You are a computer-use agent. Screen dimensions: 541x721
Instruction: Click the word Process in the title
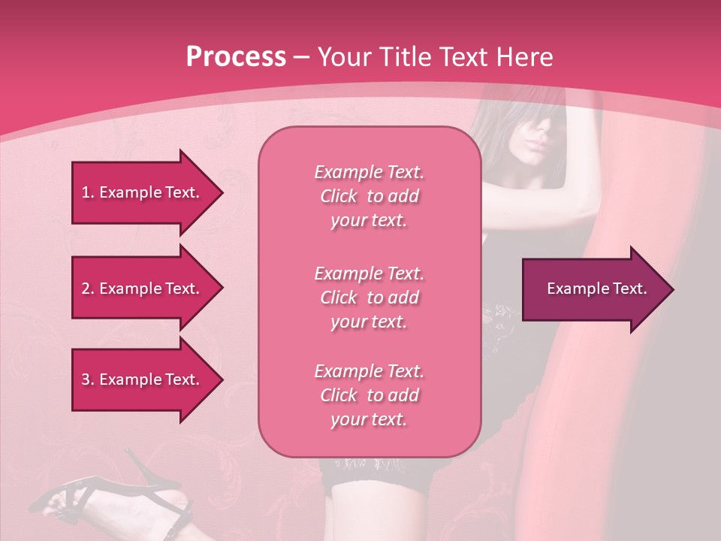pos(236,57)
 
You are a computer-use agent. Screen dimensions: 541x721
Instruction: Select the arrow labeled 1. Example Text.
pos(143,192)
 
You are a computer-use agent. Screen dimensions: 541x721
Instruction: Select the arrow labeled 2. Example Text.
pos(143,289)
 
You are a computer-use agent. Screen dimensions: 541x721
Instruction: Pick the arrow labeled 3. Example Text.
pos(143,379)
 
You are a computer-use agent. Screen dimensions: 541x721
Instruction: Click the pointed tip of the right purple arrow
pos(670,289)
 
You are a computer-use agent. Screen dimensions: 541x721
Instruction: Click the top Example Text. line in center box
pos(369,172)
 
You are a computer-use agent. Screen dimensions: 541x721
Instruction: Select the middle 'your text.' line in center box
pos(369,322)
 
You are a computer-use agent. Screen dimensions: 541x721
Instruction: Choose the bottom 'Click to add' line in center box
pos(369,395)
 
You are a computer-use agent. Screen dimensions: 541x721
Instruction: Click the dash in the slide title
pos(301,58)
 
